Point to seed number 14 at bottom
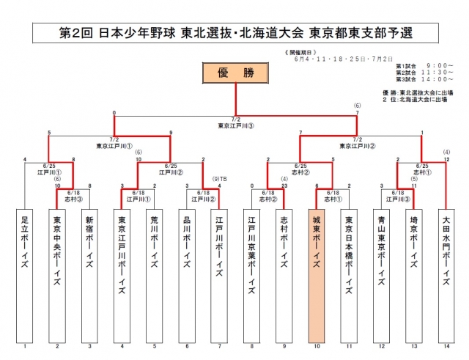click(446, 345)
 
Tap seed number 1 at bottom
click(25, 345)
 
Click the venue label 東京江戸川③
click(236, 125)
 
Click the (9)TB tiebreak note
click(219, 179)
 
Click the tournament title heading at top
click(234, 34)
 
